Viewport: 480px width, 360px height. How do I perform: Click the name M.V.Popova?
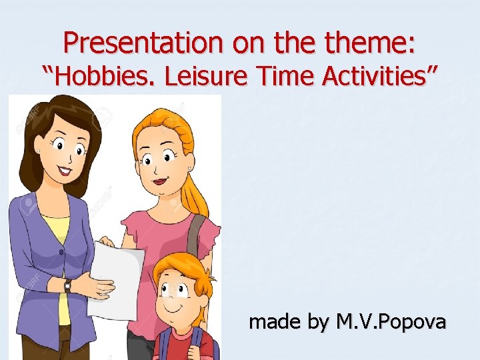[391, 323]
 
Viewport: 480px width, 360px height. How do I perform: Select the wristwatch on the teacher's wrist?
[67, 286]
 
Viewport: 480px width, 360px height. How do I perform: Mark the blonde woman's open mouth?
[160, 180]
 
